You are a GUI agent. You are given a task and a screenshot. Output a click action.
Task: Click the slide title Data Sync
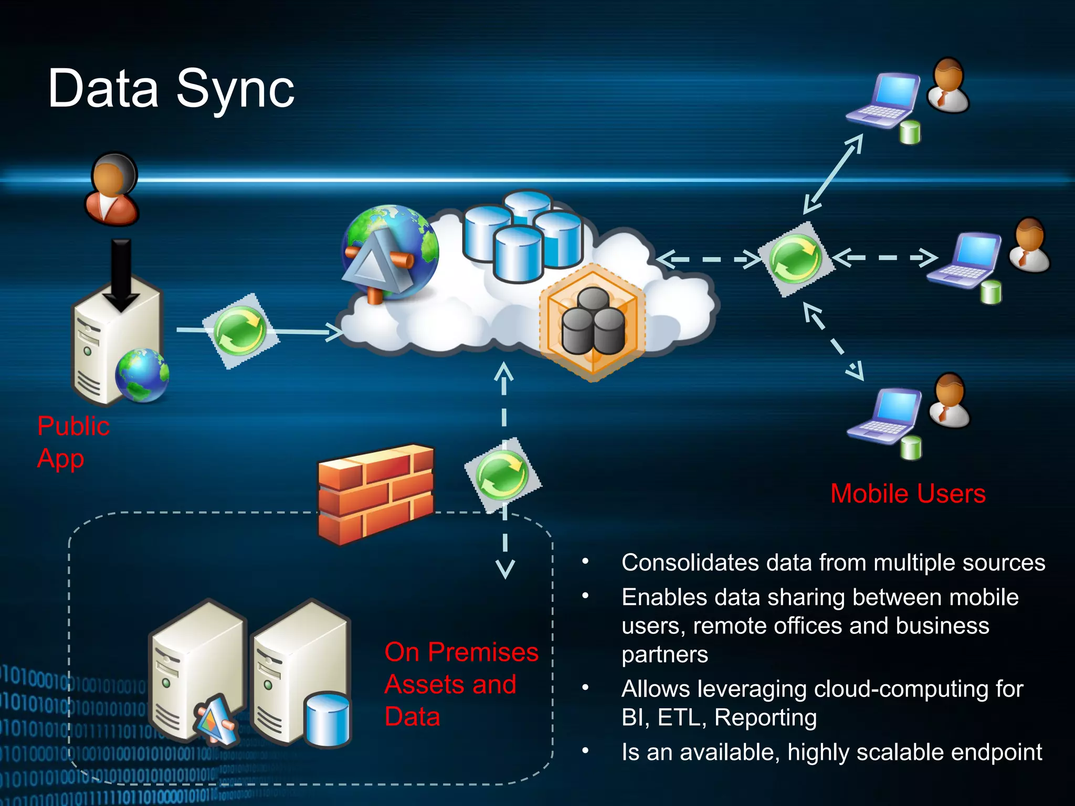click(x=171, y=89)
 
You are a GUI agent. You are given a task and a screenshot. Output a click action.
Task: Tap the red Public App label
click(x=73, y=442)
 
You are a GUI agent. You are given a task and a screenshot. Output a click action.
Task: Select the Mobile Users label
click(x=908, y=494)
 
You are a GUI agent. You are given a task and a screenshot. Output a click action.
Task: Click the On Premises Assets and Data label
click(x=461, y=684)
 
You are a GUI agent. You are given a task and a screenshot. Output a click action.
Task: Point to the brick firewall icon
click(x=376, y=494)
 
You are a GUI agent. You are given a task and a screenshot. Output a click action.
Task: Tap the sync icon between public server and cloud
click(x=240, y=331)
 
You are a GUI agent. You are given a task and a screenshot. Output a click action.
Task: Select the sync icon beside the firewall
click(x=502, y=475)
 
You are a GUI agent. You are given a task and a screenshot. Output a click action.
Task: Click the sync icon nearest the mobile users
click(x=795, y=259)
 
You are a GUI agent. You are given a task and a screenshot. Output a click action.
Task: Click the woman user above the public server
click(x=112, y=189)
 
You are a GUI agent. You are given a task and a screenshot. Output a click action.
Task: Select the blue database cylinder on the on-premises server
click(x=328, y=719)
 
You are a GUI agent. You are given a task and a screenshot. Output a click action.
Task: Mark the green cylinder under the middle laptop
click(x=991, y=292)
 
